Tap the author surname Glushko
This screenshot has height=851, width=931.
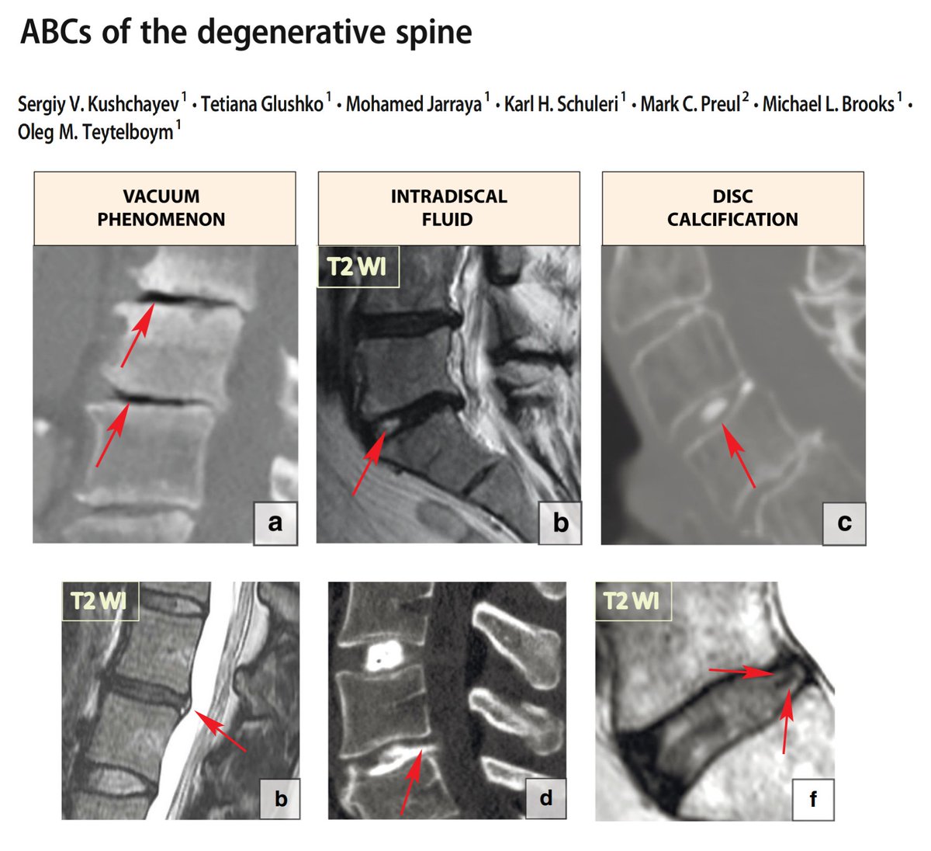[262, 104]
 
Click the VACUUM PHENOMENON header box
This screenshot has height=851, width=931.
[164, 208]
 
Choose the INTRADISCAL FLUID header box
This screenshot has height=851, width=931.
[448, 208]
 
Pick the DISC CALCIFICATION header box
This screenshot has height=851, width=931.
[733, 208]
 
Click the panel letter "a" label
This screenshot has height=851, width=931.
[275, 523]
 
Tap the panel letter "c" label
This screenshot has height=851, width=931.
[844, 523]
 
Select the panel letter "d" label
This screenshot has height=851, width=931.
[545, 798]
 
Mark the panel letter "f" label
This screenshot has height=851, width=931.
[813, 800]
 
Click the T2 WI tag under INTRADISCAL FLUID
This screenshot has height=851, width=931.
[358, 266]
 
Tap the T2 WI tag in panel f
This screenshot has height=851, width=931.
[633, 601]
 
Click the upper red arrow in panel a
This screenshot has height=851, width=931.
[138, 335]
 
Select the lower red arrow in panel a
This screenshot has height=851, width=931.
[112, 434]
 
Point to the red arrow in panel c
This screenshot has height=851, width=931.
[739, 456]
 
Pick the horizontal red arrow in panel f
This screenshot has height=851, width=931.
[741, 671]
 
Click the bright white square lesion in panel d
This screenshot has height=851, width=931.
[384, 655]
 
